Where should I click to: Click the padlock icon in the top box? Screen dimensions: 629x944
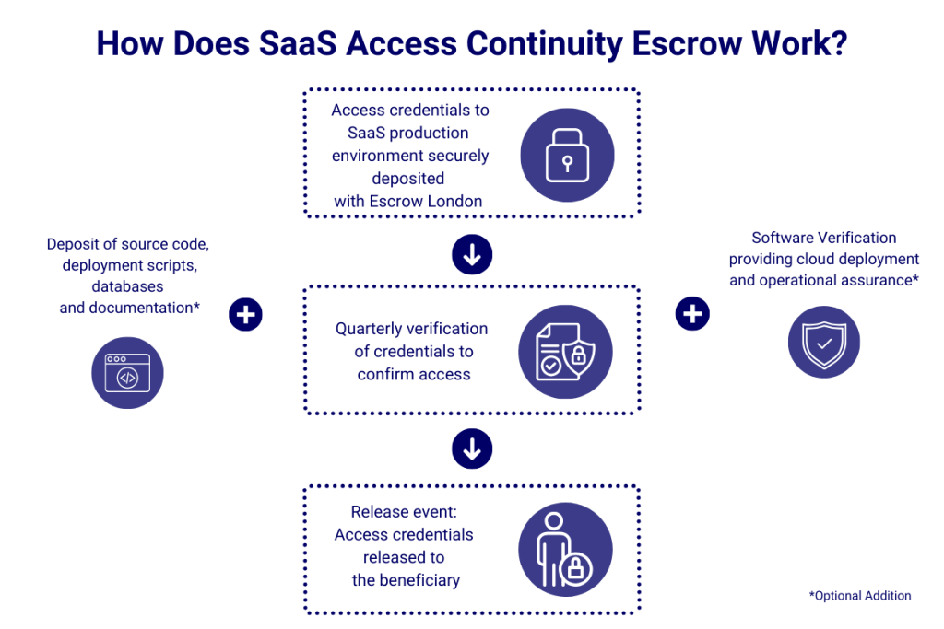(x=565, y=154)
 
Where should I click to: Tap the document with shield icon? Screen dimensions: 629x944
(x=565, y=350)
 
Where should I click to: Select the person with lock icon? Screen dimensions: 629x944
(x=565, y=549)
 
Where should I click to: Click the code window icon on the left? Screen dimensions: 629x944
(x=126, y=372)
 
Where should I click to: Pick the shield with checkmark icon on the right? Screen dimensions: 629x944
(x=823, y=343)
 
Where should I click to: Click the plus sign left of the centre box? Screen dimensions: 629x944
(x=245, y=315)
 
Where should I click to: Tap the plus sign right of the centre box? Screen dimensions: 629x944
(x=691, y=314)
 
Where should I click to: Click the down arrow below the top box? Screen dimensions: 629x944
(x=472, y=255)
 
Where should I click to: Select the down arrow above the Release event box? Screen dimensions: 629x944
(x=472, y=449)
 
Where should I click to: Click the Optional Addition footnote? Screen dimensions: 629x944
(x=860, y=596)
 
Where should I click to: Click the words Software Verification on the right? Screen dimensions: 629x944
(x=823, y=238)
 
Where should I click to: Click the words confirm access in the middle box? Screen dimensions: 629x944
(x=414, y=374)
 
